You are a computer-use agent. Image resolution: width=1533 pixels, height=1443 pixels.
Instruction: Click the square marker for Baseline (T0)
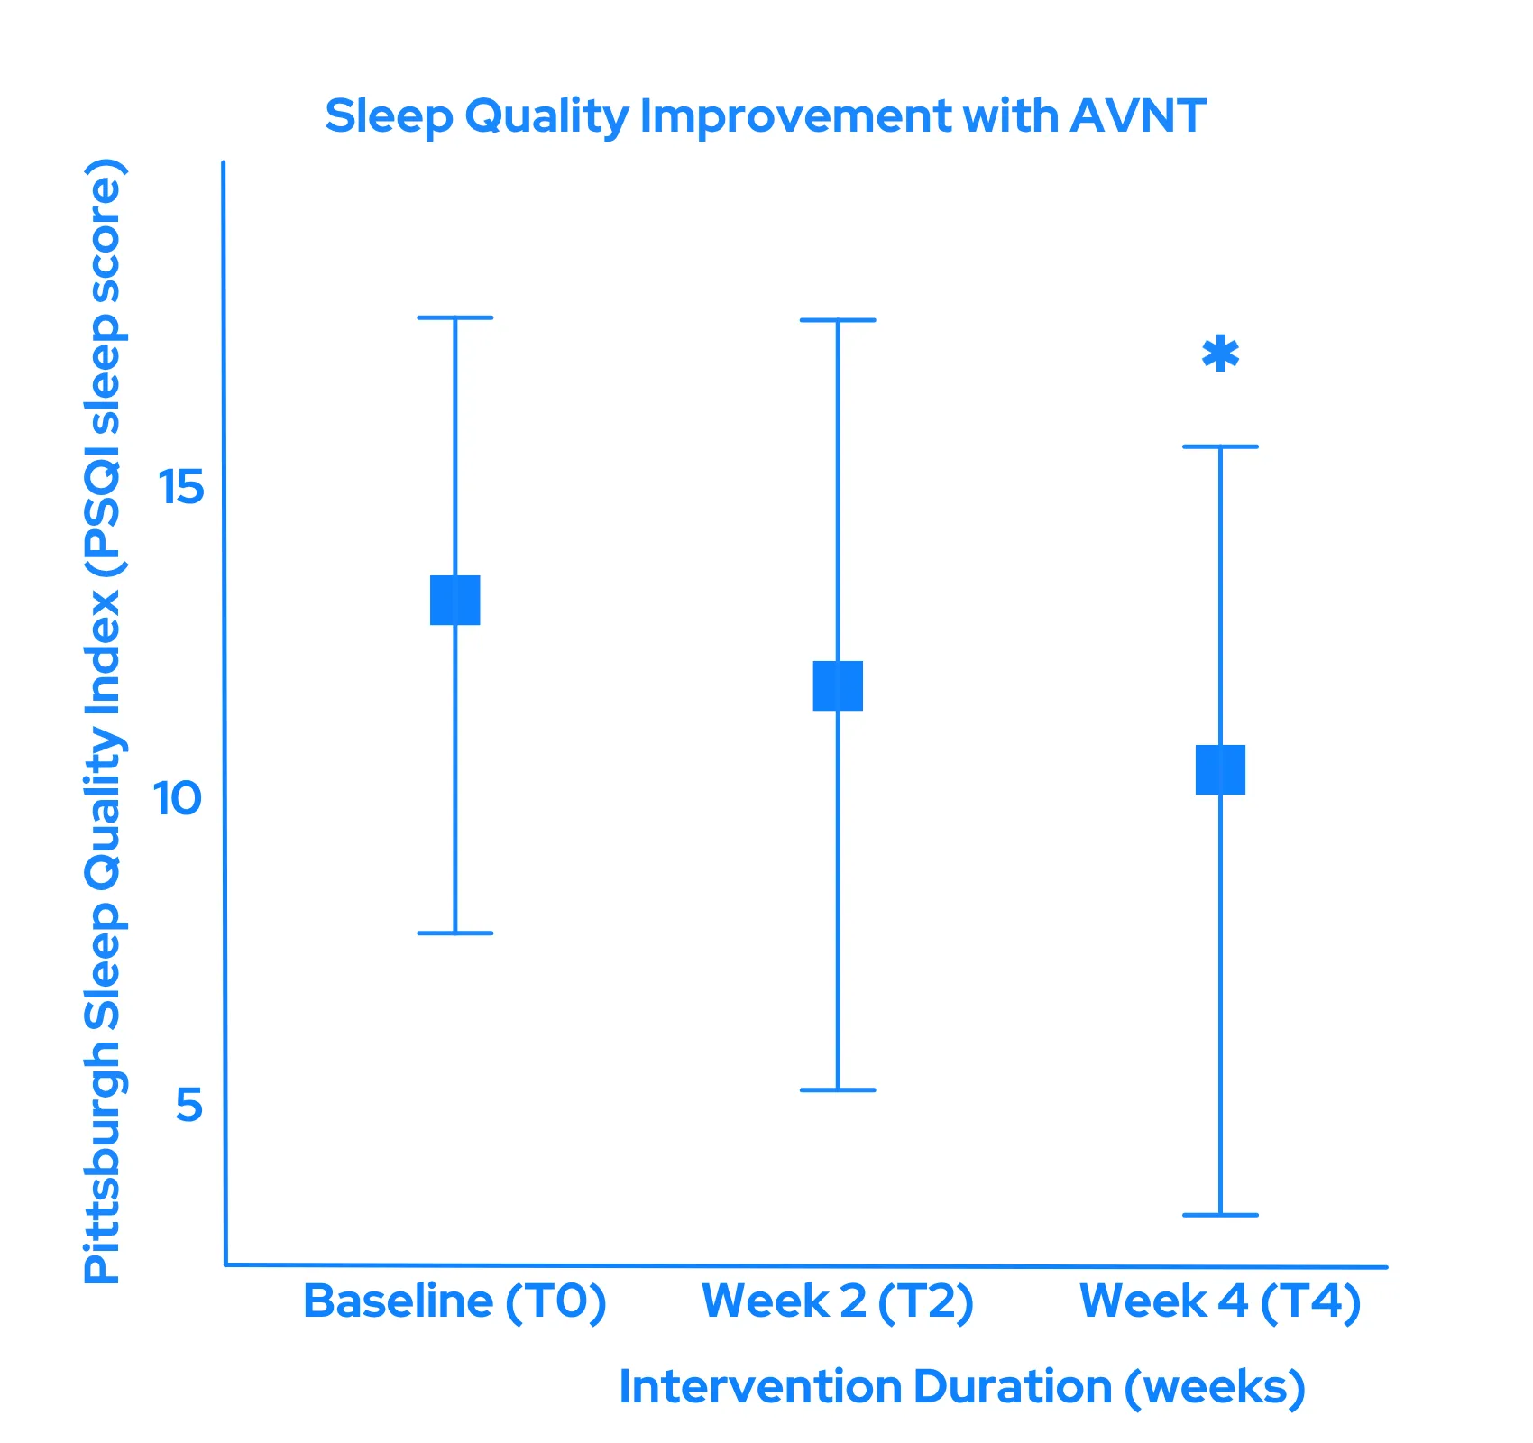pyautogui.click(x=455, y=600)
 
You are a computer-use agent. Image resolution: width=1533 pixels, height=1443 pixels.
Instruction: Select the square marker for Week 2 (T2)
pyautogui.click(x=838, y=685)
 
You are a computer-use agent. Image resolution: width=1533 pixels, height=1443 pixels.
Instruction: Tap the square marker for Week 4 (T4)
pyautogui.click(x=1220, y=769)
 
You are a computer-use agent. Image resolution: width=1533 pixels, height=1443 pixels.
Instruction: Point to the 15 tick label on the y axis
pyautogui.click(x=180, y=488)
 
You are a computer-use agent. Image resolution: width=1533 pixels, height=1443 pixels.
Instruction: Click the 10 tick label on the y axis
pyautogui.click(x=177, y=798)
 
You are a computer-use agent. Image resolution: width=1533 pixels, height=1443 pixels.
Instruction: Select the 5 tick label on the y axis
pyautogui.click(x=189, y=1105)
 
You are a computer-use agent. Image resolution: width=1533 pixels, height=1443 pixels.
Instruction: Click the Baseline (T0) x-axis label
pyautogui.click(x=454, y=1301)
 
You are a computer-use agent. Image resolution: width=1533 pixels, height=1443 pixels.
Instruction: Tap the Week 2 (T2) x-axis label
pyautogui.click(x=838, y=1301)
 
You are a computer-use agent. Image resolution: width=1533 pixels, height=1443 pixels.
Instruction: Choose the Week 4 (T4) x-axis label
pyautogui.click(x=1220, y=1301)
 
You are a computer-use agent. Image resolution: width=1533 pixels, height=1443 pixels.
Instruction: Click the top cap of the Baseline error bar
pyautogui.click(x=455, y=317)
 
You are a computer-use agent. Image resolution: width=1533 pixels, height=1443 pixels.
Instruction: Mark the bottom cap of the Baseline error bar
pyautogui.click(x=455, y=933)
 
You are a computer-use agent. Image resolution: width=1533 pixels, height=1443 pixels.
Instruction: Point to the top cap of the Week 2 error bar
pyautogui.click(x=838, y=320)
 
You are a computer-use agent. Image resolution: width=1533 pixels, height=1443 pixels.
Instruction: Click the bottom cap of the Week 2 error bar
pyautogui.click(x=838, y=1090)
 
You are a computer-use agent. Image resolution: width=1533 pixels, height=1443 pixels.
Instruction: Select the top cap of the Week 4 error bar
pyautogui.click(x=1220, y=446)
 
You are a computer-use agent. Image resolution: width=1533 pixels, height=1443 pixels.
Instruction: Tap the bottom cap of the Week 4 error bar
pyautogui.click(x=1220, y=1215)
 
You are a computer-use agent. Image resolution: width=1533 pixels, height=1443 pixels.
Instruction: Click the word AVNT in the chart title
pyautogui.click(x=1138, y=116)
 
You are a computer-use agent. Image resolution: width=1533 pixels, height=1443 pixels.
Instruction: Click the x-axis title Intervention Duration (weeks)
pyautogui.click(x=962, y=1387)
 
